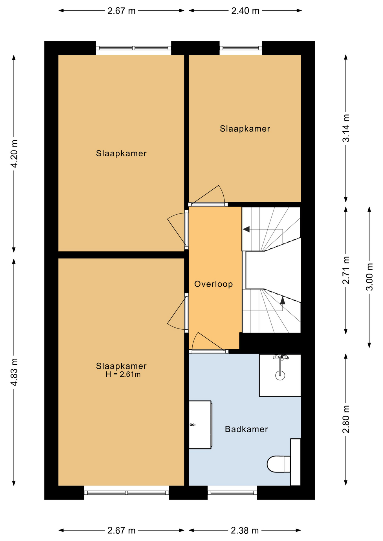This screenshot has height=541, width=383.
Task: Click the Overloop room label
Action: pyautogui.click(x=213, y=284)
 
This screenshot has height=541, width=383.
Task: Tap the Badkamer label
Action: pyautogui.click(x=246, y=429)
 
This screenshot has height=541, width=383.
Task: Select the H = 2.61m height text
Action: pyautogui.click(x=123, y=374)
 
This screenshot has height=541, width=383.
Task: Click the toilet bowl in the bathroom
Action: pyautogui.click(x=278, y=464)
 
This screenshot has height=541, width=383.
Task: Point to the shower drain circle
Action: pyautogui.click(x=280, y=375)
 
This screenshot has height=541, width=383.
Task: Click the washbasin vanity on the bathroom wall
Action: pyautogui.click(x=200, y=425)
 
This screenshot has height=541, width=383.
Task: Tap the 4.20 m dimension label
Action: pyautogui.click(x=14, y=154)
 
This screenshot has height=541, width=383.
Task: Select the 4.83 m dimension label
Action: pyautogui.click(x=14, y=372)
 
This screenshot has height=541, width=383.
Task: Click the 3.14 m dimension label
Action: pyautogui.click(x=346, y=128)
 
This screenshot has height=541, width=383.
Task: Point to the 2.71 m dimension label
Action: pyautogui.click(x=346, y=270)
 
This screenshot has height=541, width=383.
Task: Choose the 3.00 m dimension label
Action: pyautogui.click(x=369, y=277)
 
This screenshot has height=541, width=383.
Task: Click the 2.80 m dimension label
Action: pyautogui.click(x=346, y=419)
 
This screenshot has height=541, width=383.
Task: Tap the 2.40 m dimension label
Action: pyautogui.click(x=245, y=11)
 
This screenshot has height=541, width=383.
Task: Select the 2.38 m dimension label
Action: pyautogui.click(x=245, y=531)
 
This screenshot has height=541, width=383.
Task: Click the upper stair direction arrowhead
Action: pyautogui.click(x=246, y=229)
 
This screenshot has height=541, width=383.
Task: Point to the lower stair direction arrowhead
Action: pyautogui.click(x=283, y=300)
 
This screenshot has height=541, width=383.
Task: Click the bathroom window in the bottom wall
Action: pyautogui.click(x=232, y=493)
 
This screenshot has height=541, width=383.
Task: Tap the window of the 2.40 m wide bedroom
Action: pyautogui.click(x=241, y=48)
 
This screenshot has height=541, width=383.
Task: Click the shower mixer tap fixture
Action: pyautogui.click(x=281, y=357)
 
